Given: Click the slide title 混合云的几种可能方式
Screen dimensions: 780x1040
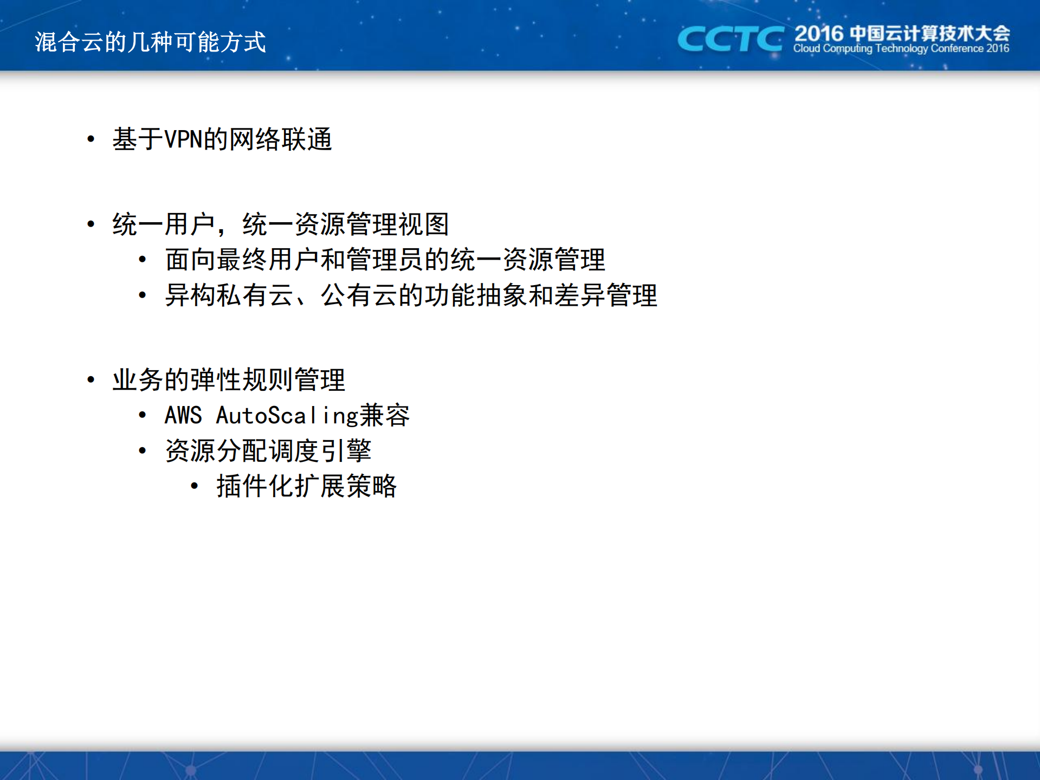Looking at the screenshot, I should coord(150,42).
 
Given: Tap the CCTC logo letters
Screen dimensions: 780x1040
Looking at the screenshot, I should coord(730,39).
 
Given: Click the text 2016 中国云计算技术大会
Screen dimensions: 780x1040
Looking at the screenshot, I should coord(902,34).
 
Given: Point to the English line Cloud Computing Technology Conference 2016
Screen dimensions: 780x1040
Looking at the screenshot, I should coord(901,49).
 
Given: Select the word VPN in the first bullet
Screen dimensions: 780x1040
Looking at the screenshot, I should coord(183,139).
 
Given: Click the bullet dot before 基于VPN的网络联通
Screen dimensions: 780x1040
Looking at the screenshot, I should coord(91,139).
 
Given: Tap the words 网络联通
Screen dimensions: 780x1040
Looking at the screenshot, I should coord(280,139).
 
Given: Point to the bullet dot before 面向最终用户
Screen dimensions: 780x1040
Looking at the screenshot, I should coord(143,260).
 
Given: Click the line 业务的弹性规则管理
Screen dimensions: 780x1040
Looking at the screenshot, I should coord(229,379).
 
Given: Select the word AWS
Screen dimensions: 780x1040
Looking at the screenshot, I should coord(183,416).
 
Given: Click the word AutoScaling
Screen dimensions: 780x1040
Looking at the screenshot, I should coord(287,416).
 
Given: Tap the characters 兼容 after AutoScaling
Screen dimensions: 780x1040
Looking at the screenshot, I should coord(385,416).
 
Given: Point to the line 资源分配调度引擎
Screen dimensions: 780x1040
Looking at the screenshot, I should coord(268,451).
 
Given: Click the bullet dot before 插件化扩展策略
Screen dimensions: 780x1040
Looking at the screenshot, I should coord(195,486).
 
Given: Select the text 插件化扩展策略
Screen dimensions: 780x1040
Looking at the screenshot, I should coord(307,486).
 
